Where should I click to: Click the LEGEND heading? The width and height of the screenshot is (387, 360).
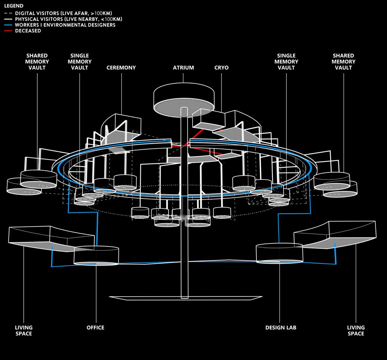pos(13,6)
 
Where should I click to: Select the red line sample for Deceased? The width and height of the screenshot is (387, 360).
pos(8,31)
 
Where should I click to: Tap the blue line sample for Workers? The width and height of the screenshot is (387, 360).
pos(8,25)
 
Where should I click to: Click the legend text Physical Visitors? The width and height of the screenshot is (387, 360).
pos(68,19)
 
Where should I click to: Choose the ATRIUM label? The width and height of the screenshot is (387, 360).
pos(183,68)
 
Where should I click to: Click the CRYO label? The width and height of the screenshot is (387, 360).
pos(221,68)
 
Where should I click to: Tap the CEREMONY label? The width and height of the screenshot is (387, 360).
pos(121,68)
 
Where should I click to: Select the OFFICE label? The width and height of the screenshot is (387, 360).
pos(95,328)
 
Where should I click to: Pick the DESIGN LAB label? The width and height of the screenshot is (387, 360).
pos(281,328)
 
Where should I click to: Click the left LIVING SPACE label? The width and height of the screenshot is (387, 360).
pos(24,331)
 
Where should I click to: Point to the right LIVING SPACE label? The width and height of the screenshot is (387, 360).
pos(356,331)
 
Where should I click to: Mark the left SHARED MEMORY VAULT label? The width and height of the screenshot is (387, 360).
pos(37,62)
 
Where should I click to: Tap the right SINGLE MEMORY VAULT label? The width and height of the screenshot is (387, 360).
pos(286,62)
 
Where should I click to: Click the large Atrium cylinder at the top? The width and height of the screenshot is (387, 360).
pos(183,100)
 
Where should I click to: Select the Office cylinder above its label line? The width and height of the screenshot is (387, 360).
pos(96,255)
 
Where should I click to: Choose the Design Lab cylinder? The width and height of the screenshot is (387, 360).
pos(279,253)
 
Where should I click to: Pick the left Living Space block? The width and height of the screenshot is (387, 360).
pos(49,238)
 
